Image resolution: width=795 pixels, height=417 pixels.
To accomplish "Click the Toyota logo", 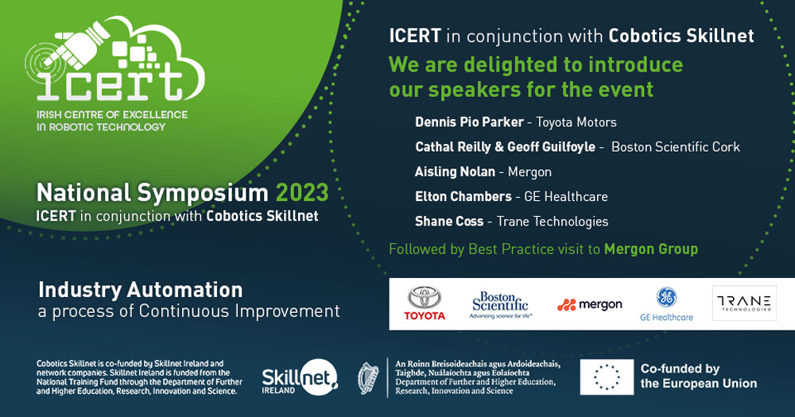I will (425, 303).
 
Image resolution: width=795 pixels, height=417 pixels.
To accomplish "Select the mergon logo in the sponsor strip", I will (589, 304).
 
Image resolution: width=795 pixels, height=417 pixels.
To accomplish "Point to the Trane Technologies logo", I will (744, 303).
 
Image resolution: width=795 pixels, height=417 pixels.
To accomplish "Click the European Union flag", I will (606, 377).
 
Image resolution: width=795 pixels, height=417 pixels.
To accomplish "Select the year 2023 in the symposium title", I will (301, 193).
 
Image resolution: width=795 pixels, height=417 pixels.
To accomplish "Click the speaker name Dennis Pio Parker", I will (469, 122).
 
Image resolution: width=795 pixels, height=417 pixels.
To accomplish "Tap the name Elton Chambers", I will (463, 196).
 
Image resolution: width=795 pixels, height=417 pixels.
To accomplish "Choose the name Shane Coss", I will (448, 221).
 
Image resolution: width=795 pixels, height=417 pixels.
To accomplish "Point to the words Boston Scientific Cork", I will (675, 147).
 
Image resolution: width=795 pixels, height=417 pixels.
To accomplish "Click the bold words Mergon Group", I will (650, 249).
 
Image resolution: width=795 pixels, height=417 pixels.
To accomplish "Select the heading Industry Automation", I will (140, 288).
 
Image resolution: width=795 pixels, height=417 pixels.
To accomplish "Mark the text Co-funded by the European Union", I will (698, 376).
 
